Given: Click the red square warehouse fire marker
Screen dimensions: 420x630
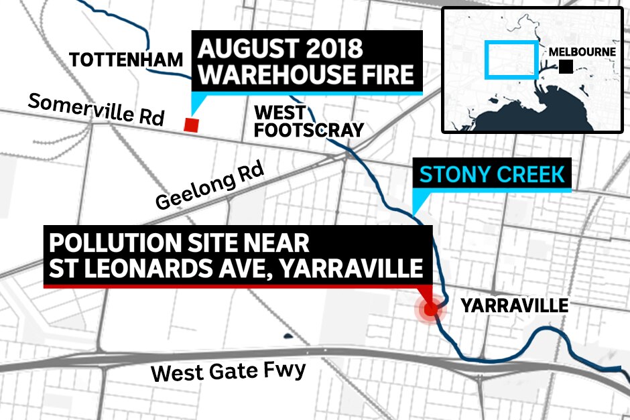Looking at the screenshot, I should tap(192, 125).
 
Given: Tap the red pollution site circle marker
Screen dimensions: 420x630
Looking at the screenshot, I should tap(430, 309).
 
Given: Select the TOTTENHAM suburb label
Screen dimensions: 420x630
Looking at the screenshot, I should tap(126, 60).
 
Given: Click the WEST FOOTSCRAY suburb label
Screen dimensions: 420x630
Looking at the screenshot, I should tap(309, 121).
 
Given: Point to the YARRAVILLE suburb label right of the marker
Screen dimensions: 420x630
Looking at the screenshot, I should tap(514, 306).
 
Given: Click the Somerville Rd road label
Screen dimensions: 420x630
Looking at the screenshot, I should tap(97, 110).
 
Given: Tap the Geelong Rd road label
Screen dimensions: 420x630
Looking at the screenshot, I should tap(210, 190).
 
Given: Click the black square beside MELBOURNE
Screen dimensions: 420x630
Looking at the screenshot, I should tap(566, 66).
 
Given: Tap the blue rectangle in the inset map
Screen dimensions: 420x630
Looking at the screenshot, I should tap(511, 59).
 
